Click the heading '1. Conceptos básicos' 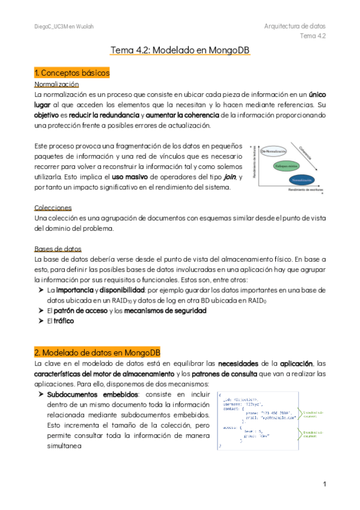pos(72,73)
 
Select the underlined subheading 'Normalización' pos(58,85)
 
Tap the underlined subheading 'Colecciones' pos(53,207)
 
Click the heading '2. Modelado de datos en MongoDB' pos(97,352)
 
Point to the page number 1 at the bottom pos(323,484)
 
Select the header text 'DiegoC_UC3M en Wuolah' pos(64,27)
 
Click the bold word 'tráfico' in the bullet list pos(64,321)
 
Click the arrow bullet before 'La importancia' pos(40,290)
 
